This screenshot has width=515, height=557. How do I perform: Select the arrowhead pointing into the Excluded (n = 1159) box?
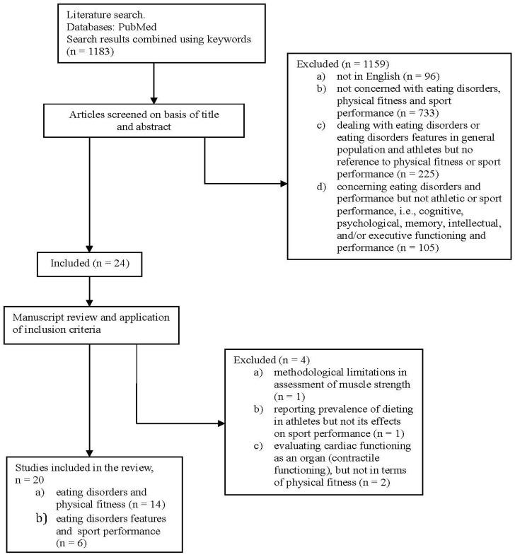click(284, 184)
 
